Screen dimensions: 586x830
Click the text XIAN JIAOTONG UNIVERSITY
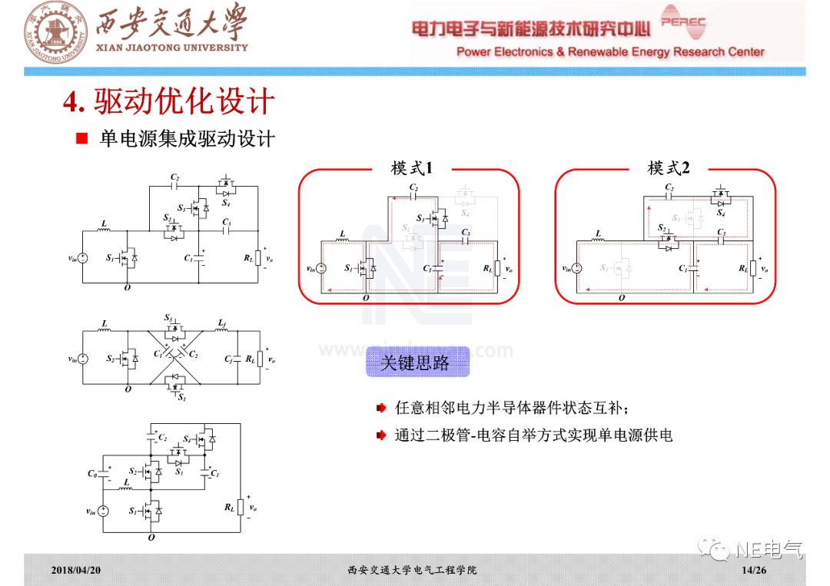click(171, 47)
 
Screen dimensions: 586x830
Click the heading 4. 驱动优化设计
click(168, 102)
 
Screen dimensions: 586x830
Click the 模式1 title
click(412, 168)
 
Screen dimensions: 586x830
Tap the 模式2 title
click(668, 168)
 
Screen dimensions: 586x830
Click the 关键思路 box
click(416, 363)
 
